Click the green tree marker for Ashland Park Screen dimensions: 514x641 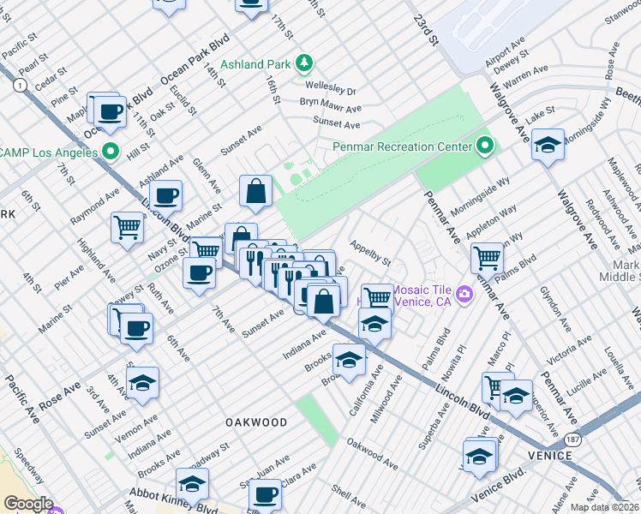click(303, 63)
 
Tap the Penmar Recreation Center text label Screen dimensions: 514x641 click(403, 146)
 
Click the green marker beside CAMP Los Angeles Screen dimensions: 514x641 click(109, 152)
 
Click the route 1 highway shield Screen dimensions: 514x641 click(18, 85)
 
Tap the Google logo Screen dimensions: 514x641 click(28, 504)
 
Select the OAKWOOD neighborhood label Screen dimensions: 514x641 click(256, 422)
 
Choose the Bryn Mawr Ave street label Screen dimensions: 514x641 click(330, 106)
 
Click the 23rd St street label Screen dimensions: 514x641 click(426, 29)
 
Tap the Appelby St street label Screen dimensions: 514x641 click(369, 252)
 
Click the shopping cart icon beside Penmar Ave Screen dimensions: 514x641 click(487, 256)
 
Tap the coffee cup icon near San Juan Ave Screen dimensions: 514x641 click(266, 495)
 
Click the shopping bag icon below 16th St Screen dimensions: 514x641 click(256, 192)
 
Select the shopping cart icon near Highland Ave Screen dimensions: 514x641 click(127, 228)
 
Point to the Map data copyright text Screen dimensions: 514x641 click(605, 507)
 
